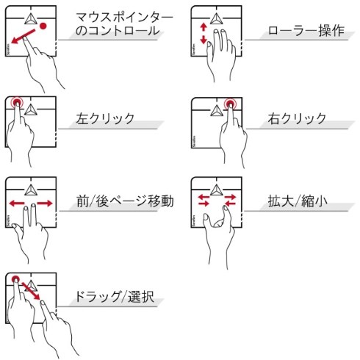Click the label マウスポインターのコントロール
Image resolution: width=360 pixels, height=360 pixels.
tap(125, 24)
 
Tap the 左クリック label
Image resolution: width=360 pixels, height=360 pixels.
tap(105, 118)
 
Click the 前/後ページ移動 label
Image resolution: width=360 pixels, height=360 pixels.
tap(125, 200)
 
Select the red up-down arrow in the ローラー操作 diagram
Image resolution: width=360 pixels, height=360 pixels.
tap(204, 34)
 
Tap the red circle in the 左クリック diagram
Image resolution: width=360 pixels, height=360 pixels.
tap(17, 104)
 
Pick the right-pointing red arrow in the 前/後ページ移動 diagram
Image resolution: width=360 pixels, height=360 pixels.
tap(44, 203)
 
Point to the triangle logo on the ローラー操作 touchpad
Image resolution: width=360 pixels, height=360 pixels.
tap(217, 18)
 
